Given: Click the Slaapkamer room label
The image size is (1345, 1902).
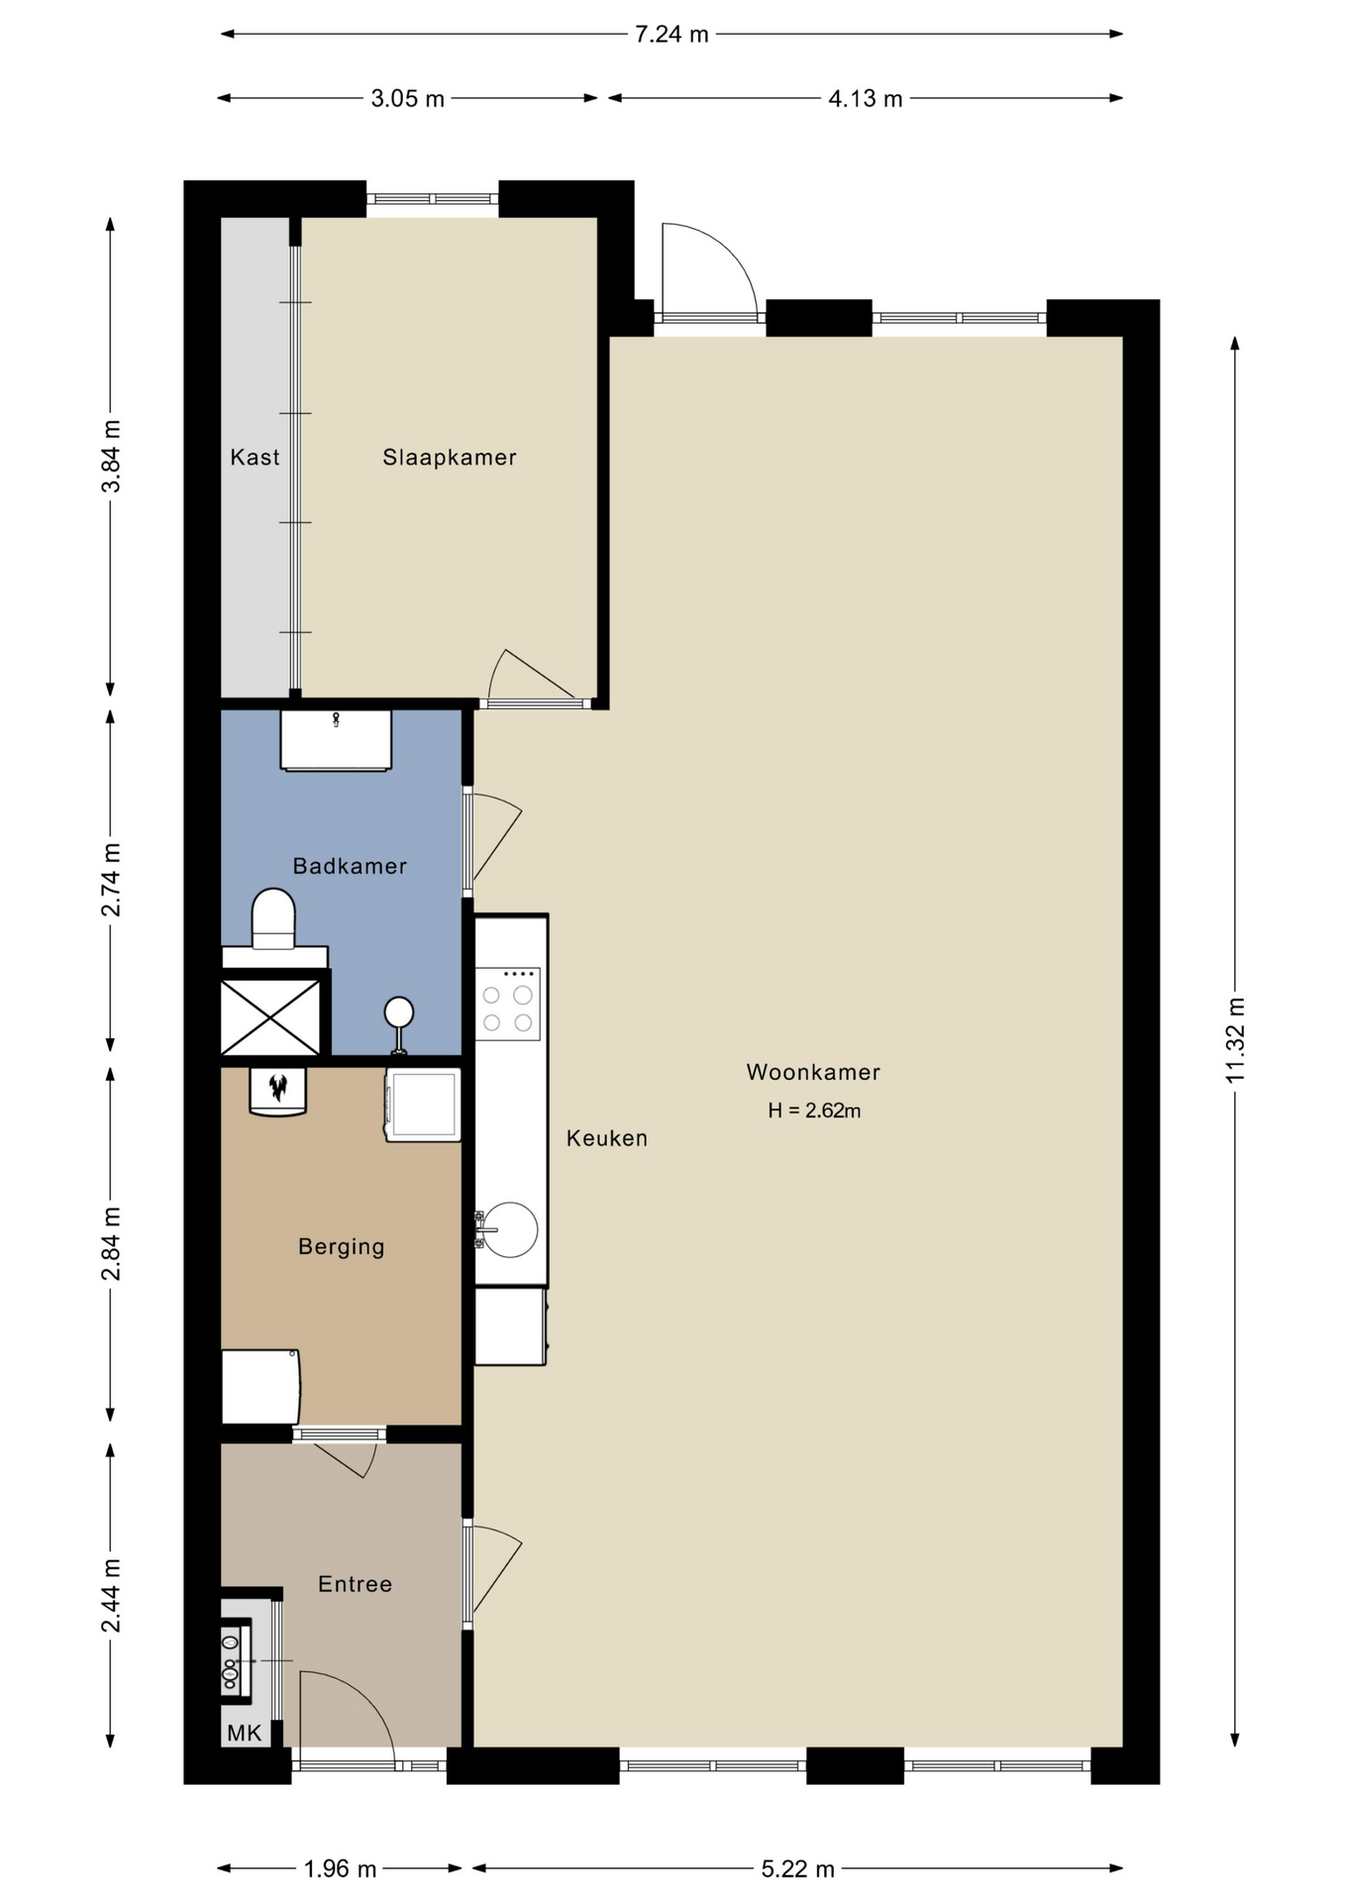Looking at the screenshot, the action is click(450, 457).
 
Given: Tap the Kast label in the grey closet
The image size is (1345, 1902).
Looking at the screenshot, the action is click(255, 457).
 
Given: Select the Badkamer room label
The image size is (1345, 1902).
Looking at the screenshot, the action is click(350, 866).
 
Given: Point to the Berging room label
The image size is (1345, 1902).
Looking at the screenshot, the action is click(341, 1246).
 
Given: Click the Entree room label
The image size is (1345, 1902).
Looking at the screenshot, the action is click(355, 1584).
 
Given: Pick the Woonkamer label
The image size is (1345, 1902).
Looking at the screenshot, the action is click(813, 1072).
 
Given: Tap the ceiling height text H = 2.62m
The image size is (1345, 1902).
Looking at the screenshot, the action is click(814, 1110).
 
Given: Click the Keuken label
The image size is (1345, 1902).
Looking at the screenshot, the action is click(607, 1138).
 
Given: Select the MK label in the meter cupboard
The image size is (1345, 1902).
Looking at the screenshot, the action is click(245, 1733).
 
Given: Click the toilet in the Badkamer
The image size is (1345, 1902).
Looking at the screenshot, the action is click(274, 919).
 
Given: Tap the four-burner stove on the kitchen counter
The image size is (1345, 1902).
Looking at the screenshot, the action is click(507, 1004).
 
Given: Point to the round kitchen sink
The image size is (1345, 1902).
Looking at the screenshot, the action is click(510, 1229).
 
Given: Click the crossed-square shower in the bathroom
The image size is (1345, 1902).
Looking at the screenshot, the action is click(270, 1017).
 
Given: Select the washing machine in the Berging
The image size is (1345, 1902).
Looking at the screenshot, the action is click(424, 1106).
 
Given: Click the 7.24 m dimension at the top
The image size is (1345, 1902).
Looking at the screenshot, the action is click(672, 35).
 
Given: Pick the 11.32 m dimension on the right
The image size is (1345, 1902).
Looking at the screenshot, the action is click(1234, 1040).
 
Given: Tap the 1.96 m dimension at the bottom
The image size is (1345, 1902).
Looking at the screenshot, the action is click(340, 1868).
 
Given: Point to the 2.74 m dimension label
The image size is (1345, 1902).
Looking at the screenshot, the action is click(111, 880).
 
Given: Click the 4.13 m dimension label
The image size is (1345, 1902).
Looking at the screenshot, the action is click(866, 98).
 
